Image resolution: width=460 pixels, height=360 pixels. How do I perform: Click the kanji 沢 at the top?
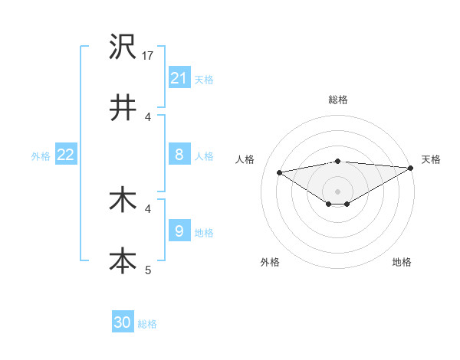pos(123,47)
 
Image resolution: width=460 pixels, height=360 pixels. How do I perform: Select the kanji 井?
pos(123,107)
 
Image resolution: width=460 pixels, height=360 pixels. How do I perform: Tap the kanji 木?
pos(123,200)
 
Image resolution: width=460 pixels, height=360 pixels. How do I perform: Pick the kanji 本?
pos(123,260)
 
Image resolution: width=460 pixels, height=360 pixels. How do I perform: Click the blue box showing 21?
pos(179,78)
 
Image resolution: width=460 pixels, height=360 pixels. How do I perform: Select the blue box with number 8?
pos(179,155)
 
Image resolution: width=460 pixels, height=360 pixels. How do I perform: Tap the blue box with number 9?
pos(179,231)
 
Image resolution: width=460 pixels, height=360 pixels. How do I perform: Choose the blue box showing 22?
pos(66,155)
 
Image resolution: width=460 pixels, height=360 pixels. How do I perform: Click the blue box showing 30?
pos(123,322)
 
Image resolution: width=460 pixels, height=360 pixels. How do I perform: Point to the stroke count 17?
pos(149,55)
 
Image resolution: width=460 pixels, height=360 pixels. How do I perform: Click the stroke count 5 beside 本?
pos(149,270)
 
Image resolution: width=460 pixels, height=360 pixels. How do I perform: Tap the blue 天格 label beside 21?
pos(204,79)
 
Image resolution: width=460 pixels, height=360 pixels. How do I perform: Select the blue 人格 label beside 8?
pos(204,155)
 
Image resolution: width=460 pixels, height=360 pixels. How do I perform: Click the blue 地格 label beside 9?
pos(204,232)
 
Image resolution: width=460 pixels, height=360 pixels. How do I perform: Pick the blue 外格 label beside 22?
pos(41,155)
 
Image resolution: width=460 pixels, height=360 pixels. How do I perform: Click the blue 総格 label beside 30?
pos(147,323)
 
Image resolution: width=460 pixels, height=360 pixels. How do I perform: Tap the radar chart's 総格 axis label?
pos(337,100)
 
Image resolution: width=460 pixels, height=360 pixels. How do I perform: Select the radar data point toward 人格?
pos(279,172)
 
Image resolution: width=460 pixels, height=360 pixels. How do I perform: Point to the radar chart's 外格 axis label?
pos(270,262)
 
